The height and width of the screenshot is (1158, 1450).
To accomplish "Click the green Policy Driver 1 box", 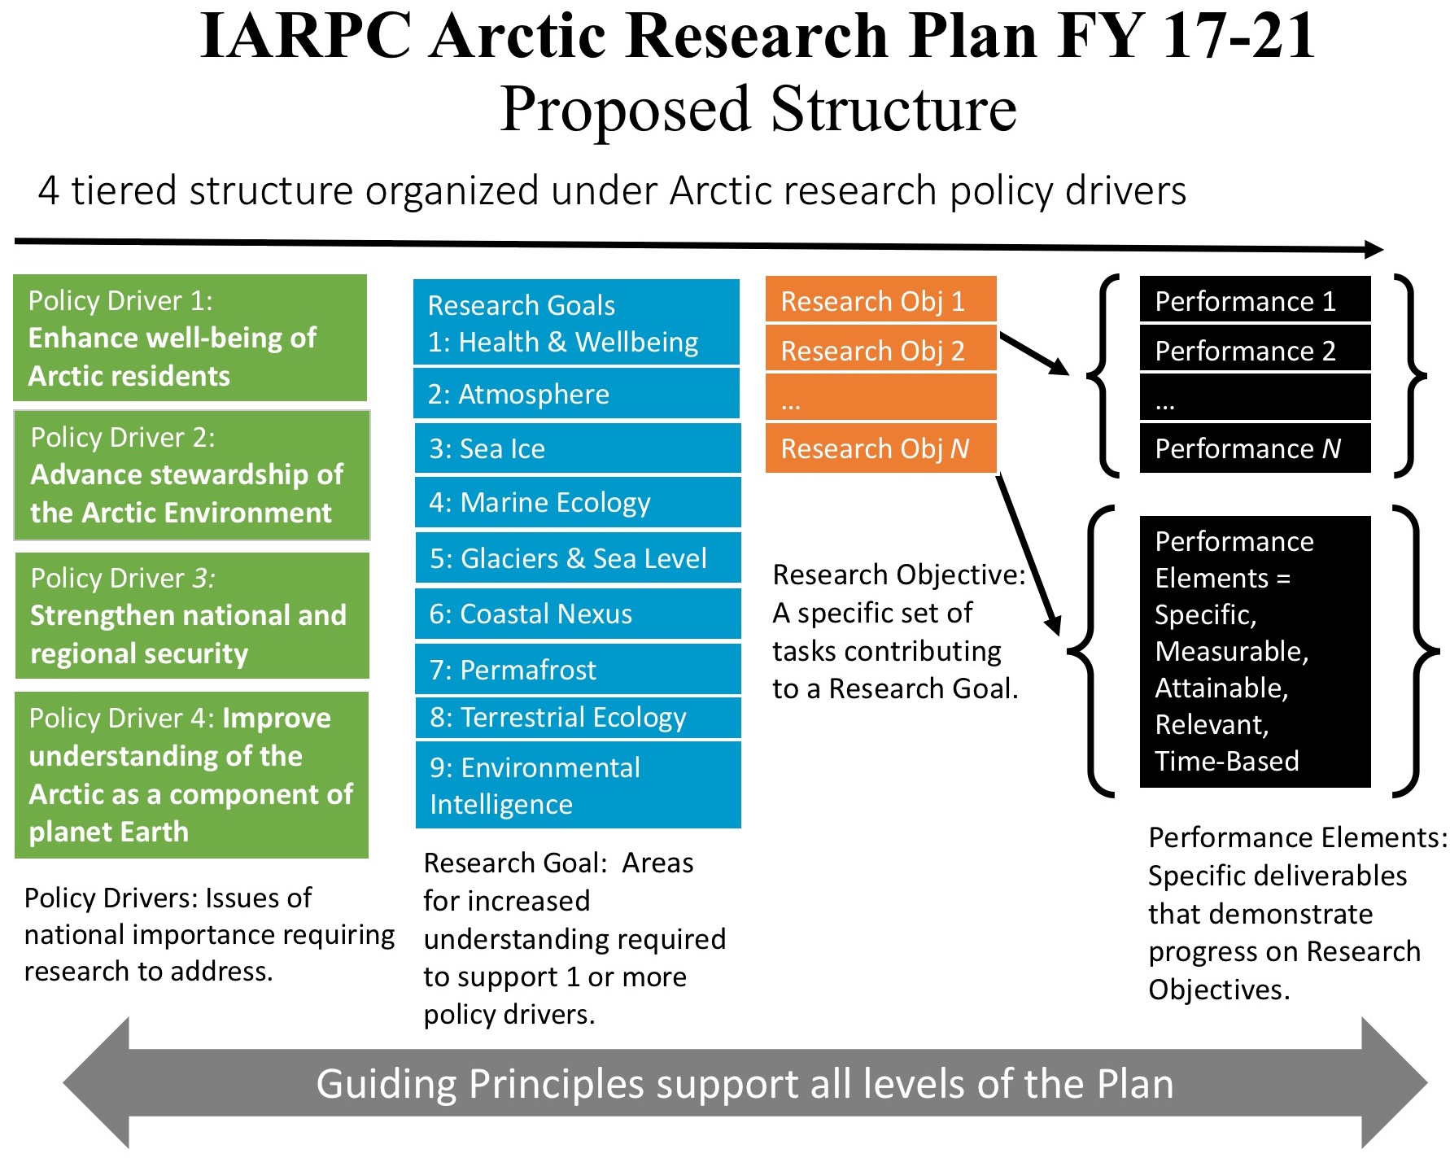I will click(190, 338).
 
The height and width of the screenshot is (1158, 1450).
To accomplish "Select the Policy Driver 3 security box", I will click(192, 616).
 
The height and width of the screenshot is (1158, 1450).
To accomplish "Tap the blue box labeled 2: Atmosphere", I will click(576, 394).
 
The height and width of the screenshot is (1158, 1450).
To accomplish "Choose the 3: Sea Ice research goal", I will click(578, 448).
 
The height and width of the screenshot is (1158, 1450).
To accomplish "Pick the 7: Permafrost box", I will click(578, 670).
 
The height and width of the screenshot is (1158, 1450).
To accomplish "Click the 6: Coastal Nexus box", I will click(578, 614).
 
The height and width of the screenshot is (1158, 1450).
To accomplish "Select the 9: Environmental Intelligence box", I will click(578, 785).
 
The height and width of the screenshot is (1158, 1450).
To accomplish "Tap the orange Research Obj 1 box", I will click(880, 300).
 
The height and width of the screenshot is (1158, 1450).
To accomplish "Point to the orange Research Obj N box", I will click(880, 448).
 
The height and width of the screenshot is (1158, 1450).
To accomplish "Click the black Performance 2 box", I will click(1255, 350).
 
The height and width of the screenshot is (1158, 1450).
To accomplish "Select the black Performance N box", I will click(1255, 448).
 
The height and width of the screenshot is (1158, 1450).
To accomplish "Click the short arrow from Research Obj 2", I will click(1033, 354).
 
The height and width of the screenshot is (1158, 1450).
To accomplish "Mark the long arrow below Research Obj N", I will click(1029, 553).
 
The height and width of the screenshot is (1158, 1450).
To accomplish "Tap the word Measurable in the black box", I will click(1230, 651).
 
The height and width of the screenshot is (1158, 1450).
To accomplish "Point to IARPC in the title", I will click(305, 36).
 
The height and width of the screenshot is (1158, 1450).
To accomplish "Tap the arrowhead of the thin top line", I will click(1374, 249).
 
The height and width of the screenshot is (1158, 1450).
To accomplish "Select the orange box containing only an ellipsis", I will click(880, 399).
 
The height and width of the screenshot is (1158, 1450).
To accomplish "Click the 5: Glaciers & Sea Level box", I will click(578, 558).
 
